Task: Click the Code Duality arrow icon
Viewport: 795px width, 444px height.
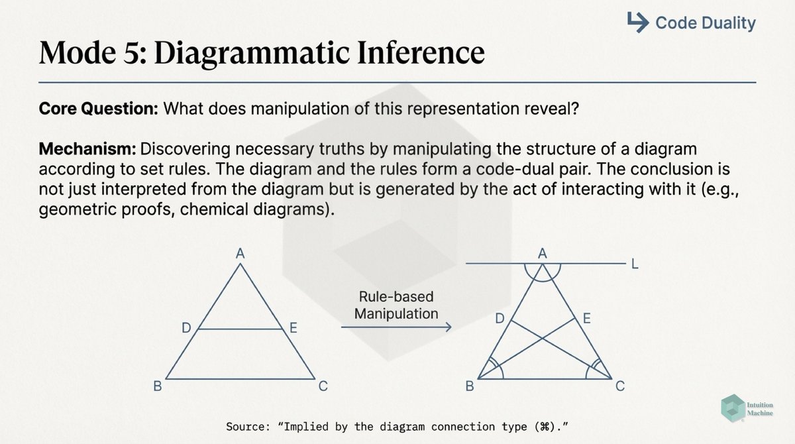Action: [637, 23]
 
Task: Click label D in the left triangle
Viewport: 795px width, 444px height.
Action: [187, 327]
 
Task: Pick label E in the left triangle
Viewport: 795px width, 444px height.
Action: [293, 327]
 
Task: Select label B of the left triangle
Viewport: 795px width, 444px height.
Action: [158, 386]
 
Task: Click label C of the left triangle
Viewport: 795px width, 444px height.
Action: [323, 386]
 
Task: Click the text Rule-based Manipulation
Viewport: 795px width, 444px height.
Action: [396, 305]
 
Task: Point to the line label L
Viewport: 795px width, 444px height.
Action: [635, 264]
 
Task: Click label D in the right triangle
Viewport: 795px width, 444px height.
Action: [501, 319]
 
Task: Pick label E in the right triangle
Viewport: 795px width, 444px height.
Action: [586, 319]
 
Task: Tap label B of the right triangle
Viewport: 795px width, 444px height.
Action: [469, 386]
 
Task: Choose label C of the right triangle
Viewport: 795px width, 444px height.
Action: [620, 386]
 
